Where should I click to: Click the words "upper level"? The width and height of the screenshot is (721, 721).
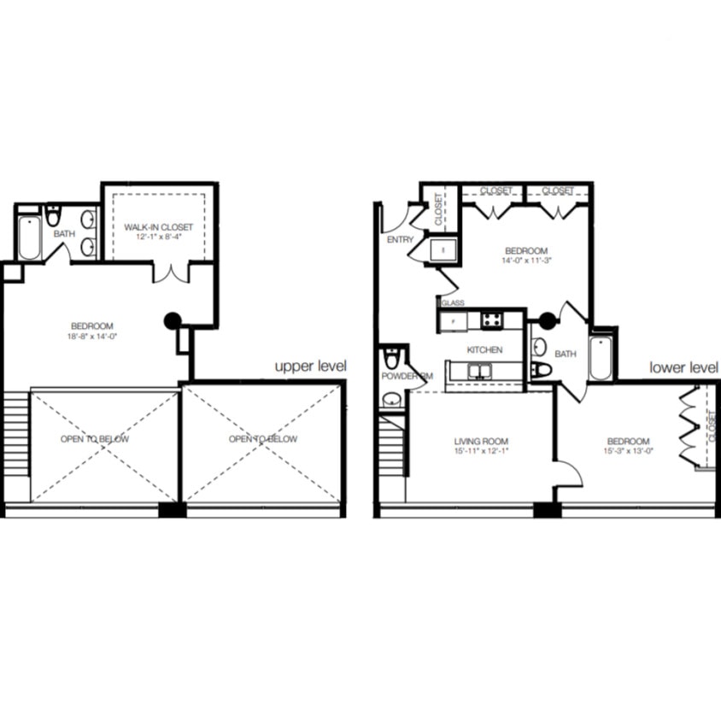pos(310,366)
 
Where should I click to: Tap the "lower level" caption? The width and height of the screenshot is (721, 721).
pos(683,367)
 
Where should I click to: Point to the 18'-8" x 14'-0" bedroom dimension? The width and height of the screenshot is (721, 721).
pos(92,337)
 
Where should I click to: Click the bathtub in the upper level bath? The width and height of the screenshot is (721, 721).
pos(29,238)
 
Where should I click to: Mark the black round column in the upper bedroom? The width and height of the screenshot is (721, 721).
pos(173,321)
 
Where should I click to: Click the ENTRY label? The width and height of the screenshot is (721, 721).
pos(400,240)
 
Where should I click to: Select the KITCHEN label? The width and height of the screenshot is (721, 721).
pos(484,349)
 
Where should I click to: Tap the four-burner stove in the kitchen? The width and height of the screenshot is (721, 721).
pos(493,320)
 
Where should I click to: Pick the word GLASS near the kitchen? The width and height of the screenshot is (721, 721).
pos(453,302)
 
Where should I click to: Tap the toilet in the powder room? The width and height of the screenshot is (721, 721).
pos(392,356)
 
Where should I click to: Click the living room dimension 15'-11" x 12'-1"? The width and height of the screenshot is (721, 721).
pos(481,451)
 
